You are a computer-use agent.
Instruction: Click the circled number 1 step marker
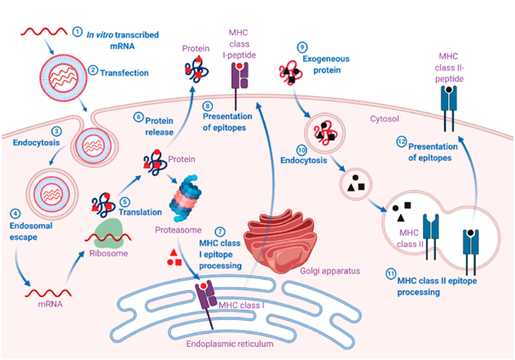pyautogui.click(x=78, y=32)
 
